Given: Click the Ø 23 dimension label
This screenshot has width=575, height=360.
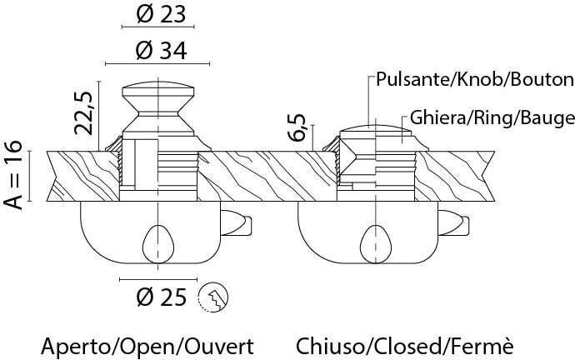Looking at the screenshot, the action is click(x=161, y=14).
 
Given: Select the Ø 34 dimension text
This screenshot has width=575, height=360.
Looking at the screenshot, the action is click(x=161, y=51).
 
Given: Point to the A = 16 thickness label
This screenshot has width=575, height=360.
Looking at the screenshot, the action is click(x=13, y=174).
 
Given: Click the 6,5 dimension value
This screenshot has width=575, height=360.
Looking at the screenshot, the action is click(x=297, y=127).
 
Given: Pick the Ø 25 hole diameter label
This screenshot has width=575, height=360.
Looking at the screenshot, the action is click(x=161, y=297).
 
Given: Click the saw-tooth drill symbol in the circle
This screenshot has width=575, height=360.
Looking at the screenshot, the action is click(x=213, y=297).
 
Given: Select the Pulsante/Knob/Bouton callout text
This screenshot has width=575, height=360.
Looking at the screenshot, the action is click(x=475, y=79).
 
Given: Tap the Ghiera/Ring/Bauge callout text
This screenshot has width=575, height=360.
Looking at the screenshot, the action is click(x=492, y=118).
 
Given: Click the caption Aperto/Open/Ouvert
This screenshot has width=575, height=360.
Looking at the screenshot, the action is click(x=147, y=347).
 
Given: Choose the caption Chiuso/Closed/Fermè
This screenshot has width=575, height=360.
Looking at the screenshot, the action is click(x=404, y=347).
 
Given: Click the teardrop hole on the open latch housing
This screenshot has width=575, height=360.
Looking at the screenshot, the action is click(x=158, y=244).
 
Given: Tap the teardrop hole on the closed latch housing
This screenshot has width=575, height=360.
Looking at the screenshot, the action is click(x=376, y=244).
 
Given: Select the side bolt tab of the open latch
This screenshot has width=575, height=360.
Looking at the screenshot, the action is click(x=236, y=222).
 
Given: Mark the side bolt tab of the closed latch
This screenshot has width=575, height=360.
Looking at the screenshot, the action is click(x=453, y=222).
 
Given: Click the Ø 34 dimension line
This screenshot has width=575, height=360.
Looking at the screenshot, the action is click(x=157, y=64).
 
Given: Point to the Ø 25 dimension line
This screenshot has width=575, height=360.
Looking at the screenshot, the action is click(x=158, y=280).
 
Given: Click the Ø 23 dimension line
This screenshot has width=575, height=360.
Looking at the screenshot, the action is click(x=157, y=27).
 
